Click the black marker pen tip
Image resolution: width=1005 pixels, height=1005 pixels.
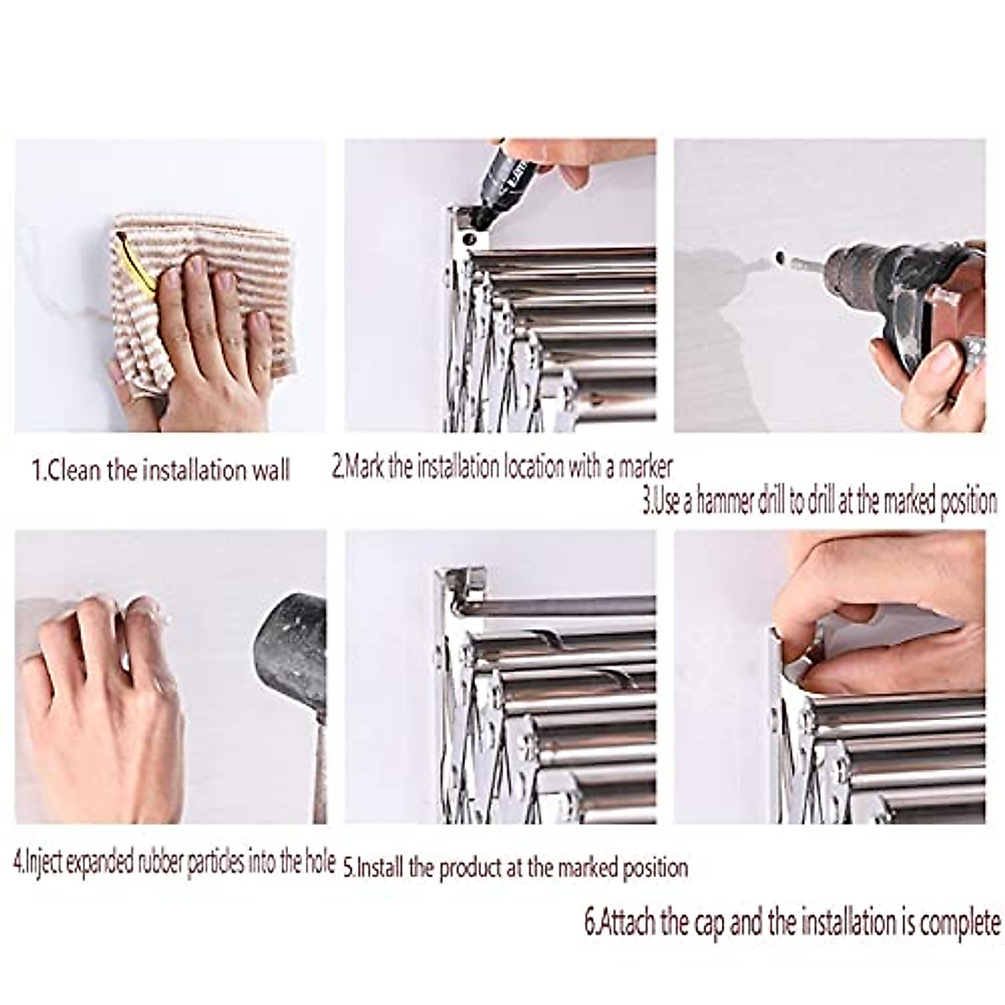point(479,219)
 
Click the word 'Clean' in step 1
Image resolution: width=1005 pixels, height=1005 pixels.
point(75,470)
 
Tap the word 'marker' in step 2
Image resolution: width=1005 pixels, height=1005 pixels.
point(645,466)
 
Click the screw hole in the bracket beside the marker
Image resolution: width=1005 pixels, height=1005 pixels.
point(469,240)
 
